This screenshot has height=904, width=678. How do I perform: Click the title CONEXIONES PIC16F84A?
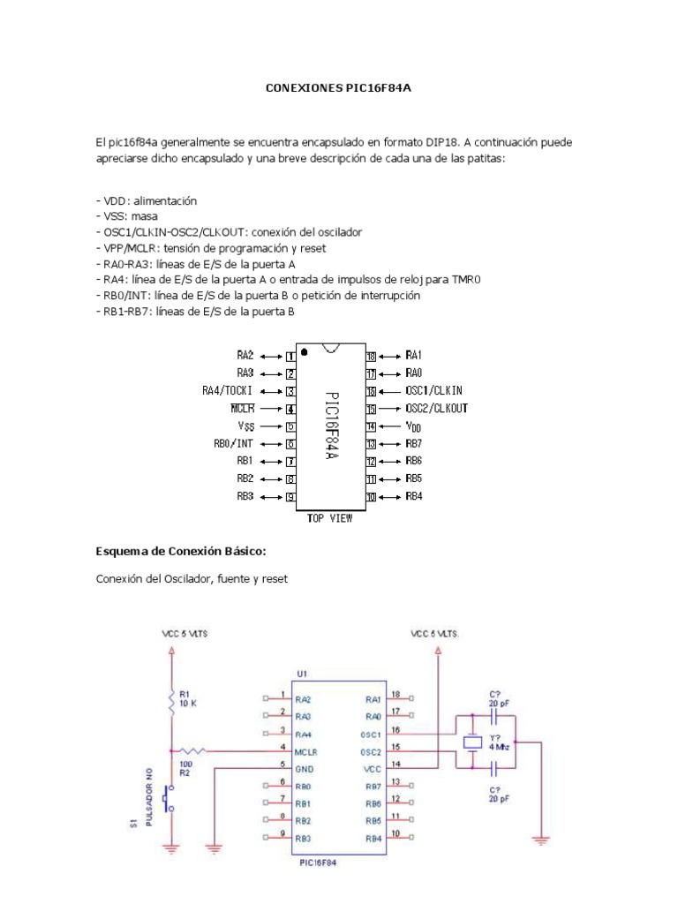[339, 89]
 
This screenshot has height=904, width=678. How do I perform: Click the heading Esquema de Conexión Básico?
[180, 552]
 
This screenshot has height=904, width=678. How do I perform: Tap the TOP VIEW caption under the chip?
[329, 518]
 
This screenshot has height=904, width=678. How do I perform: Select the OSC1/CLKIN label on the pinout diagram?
[434, 390]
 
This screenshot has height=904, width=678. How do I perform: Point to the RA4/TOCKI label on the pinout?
[229, 390]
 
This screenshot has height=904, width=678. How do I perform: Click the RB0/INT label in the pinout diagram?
[234, 444]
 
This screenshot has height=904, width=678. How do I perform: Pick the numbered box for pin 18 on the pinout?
[372, 355]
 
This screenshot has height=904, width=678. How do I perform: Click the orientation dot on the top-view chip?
[305, 352]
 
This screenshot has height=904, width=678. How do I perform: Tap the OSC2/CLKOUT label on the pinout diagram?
[436, 408]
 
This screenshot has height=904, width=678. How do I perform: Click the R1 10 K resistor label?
[188, 699]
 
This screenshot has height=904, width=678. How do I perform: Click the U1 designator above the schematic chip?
[303, 673]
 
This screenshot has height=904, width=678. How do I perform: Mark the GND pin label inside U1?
[305, 769]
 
